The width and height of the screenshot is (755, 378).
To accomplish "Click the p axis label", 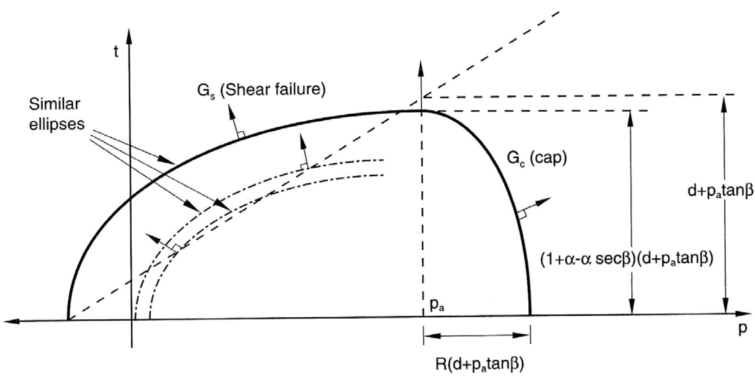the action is (742, 329).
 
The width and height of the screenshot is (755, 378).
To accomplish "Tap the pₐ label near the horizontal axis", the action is (437, 305).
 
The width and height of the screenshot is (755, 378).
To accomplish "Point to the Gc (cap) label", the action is (537, 159).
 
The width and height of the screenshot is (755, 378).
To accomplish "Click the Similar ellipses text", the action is (57, 114).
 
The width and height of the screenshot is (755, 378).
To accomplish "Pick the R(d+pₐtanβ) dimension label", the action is (480, 364).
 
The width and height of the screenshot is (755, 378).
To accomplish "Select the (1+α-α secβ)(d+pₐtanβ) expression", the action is (626, 259).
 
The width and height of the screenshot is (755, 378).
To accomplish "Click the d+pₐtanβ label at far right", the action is (720, 190).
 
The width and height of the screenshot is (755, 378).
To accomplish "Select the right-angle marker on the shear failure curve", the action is (241, 134).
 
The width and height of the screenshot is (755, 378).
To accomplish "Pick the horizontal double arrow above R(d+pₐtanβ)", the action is (477, 335).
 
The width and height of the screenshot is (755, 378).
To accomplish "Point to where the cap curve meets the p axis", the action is (530, 314).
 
